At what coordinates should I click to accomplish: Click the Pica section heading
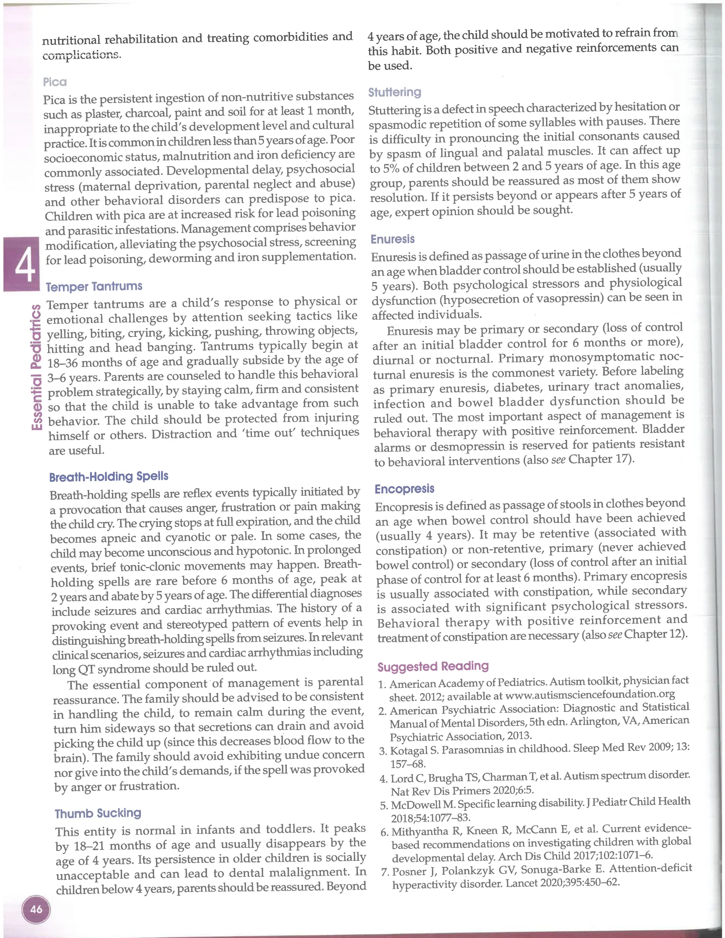(x=55, y=82)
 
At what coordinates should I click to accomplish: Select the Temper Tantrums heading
(x=94, y=286)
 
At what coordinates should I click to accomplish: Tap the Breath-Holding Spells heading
(x=109, y=476)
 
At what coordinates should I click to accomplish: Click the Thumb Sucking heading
(x=98, y=813)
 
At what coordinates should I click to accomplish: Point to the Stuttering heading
(x=395, y=92)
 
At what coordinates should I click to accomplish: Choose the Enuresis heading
(x=393, y=239)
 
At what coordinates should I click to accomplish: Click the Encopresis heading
(x=404, y=489)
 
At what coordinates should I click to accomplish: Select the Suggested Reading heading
(x=433, y=666)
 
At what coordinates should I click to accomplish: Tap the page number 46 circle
(x=36, y=909)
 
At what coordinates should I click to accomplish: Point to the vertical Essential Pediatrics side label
(x=37, y=367)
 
